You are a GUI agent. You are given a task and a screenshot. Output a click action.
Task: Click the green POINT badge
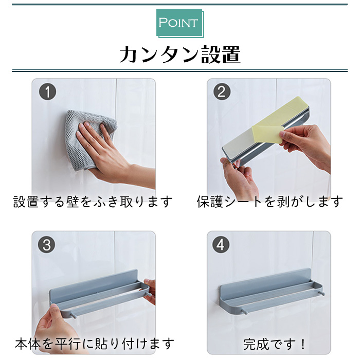pyautogui.click(x=180, y=23)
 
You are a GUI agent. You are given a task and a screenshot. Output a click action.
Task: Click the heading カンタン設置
pyautogui.click(x=180, y=55)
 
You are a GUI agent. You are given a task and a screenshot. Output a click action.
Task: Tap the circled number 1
pyautogui.click(x=47, y=92)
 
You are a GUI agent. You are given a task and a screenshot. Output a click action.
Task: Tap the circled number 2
pyautogui.click(x=222, y=92)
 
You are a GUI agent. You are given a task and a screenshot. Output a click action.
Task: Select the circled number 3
pyautogui.click(x=47, y=245)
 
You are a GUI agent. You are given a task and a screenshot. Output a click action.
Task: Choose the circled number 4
pyautogui.click(x=221, y=245)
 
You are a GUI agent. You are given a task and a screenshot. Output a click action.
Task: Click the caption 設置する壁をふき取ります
pyautogui.click(x=93, y=202)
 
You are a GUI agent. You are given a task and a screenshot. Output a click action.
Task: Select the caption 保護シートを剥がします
pyautogui.click(x=270, y=202)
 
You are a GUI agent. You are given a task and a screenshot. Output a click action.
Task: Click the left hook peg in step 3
pyautogui.click(x=74, y=315)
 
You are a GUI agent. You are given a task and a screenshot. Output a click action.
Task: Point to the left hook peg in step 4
pyautogui.click(x=245, y=312)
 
